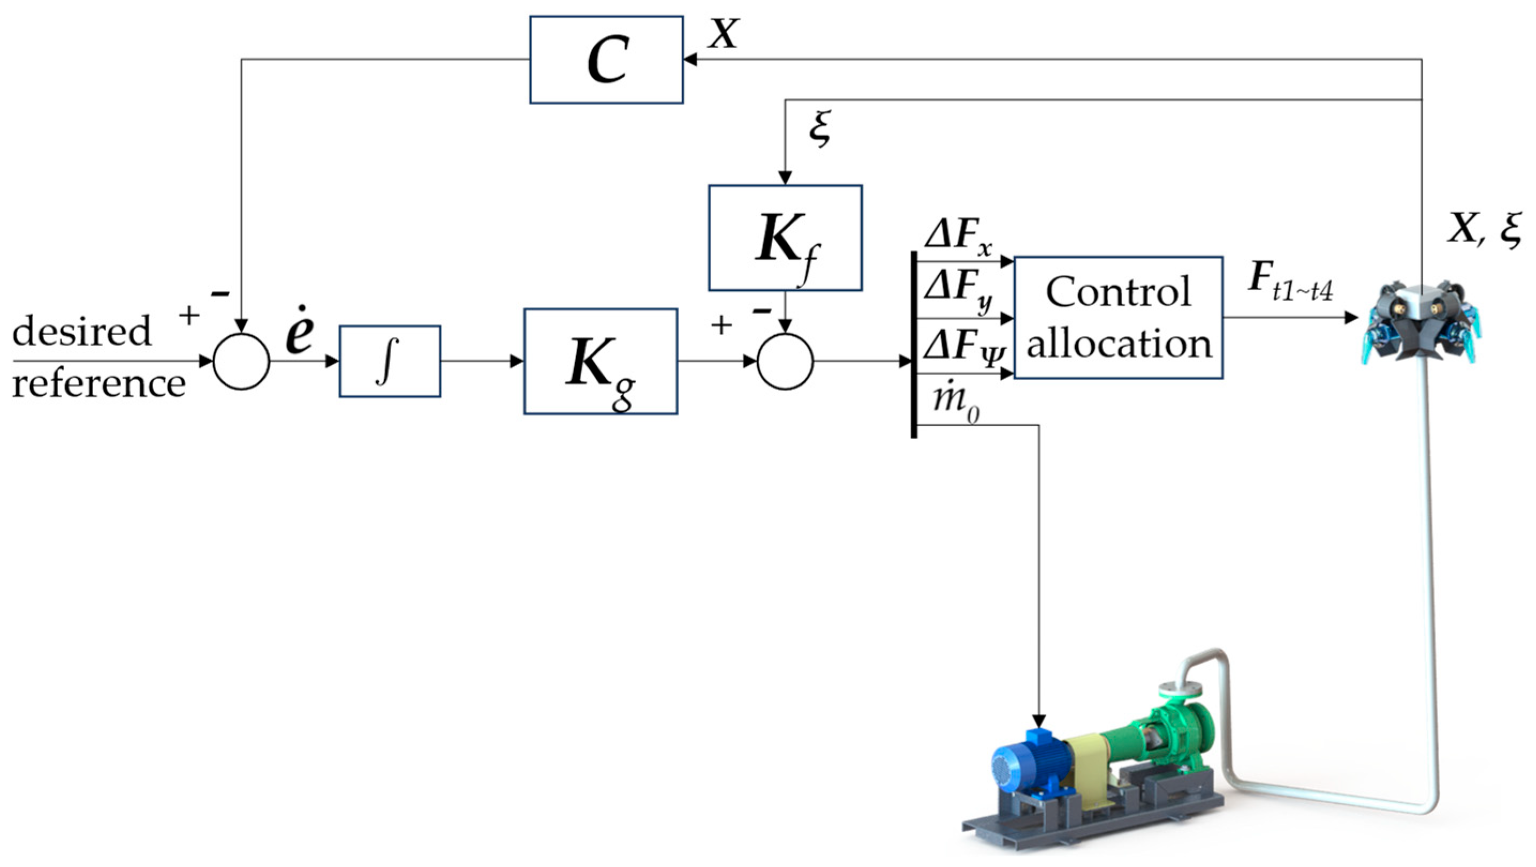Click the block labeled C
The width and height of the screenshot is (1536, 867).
pyautogui.click(x=606, y=59)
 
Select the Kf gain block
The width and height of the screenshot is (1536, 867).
pyautogui.click(x=785, y=237)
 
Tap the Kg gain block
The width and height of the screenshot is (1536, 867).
pyautogui.click(x=600, y=361)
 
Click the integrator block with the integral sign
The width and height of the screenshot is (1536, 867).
pyautogui.click(x=390, y=361)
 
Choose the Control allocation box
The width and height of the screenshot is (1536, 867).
pyautogui.click(x=1118, y=318)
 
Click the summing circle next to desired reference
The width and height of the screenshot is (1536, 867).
pyautogui.click(x=241, y=361)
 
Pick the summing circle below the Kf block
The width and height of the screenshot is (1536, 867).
pyautogui.click(x=785, y=361)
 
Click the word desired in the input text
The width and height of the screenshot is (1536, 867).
pyautogui.click(x=82, y=330)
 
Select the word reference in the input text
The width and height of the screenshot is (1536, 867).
pyautogui.click(x=98, y=383)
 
